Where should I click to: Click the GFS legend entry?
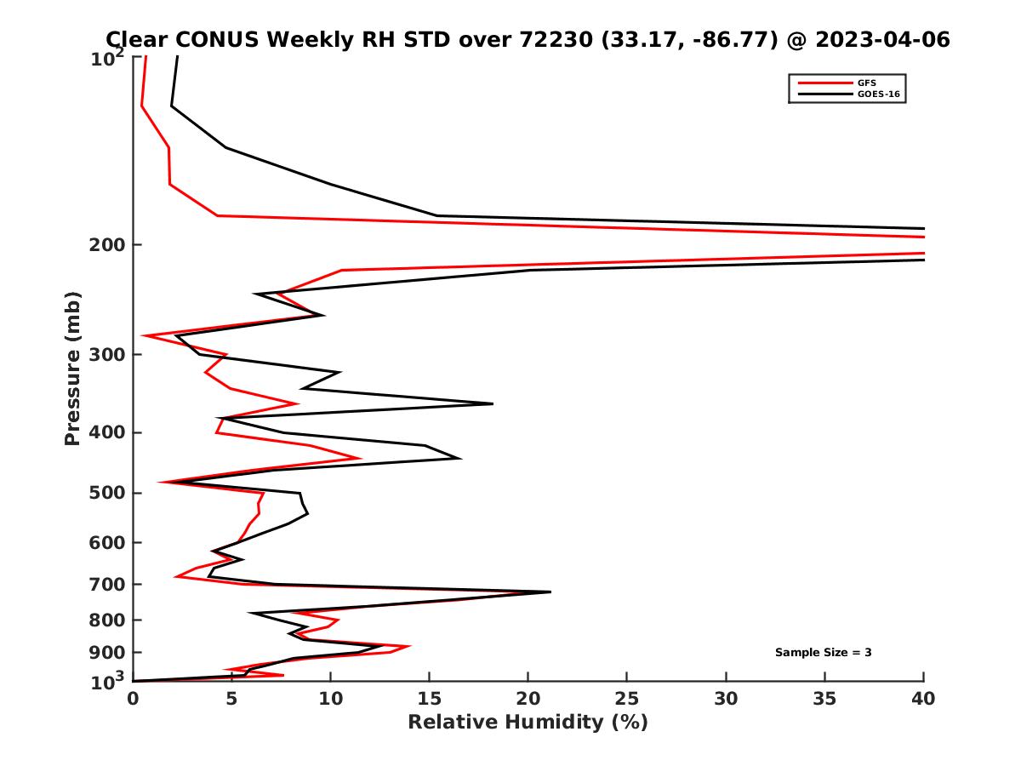coord(864,83)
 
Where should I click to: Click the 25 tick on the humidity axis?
coord(627,699)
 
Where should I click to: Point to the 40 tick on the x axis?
coord(924,699)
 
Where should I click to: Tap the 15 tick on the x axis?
coord(430,699)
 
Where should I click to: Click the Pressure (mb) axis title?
coord(72,368)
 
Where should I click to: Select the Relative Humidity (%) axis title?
coord(528,723)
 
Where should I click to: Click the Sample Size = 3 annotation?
coord(823,653)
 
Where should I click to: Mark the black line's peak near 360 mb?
coord(493,403)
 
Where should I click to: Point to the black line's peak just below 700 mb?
coord(550,592)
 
